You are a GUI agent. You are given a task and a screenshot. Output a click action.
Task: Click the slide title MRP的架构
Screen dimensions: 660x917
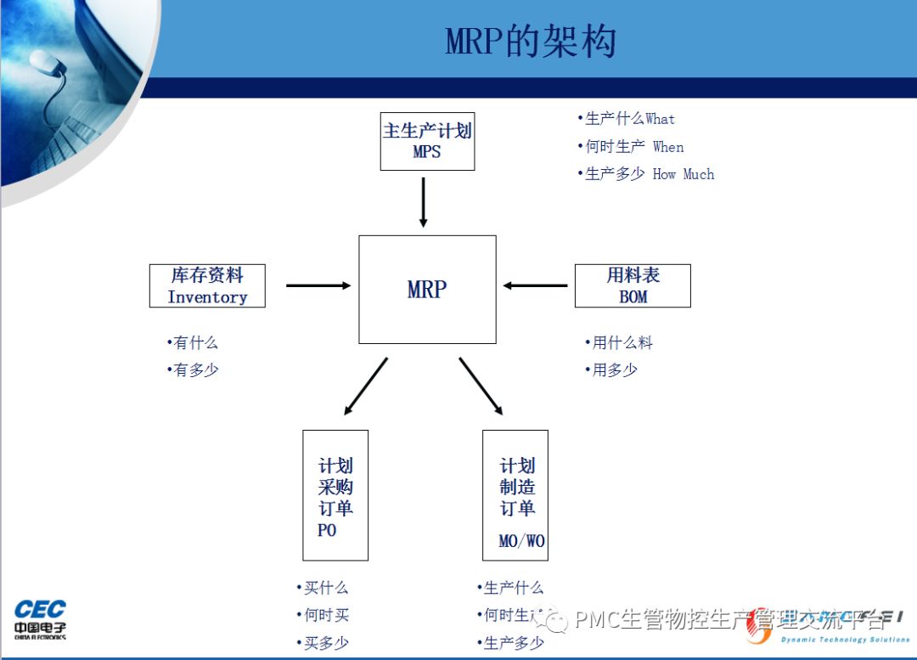[531, 42]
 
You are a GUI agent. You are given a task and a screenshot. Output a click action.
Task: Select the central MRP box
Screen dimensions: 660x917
[427, 290]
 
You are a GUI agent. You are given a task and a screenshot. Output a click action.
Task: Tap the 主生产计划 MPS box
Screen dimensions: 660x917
[427, 141]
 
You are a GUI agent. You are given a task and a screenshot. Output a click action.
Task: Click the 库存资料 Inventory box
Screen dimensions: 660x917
[207, 285]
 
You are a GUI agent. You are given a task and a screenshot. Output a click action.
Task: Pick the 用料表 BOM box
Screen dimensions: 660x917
[633, 285]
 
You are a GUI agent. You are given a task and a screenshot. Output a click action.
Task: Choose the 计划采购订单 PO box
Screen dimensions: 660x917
[335, 495]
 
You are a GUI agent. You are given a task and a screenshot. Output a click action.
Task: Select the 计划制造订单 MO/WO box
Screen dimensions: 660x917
[515, 495]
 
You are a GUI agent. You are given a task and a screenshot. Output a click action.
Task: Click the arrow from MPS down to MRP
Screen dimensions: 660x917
[423, 202]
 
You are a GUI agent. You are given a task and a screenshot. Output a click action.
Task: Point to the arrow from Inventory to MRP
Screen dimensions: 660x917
[318, 285]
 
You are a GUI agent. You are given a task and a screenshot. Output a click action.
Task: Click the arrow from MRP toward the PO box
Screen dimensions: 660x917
[366, 386]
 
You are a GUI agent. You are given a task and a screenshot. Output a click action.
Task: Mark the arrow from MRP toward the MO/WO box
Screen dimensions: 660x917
[481, 386]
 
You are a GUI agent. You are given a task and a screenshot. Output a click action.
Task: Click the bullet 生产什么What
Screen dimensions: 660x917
[627, 119]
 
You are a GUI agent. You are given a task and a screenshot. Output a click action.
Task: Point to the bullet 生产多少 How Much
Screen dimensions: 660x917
[646, 174]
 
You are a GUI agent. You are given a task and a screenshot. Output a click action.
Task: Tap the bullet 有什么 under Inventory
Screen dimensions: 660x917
[193, 343]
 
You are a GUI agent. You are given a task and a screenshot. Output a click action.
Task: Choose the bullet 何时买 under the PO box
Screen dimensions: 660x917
[323, 615]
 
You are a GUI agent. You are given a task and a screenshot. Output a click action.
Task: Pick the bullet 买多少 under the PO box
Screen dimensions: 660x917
[323, 643]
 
